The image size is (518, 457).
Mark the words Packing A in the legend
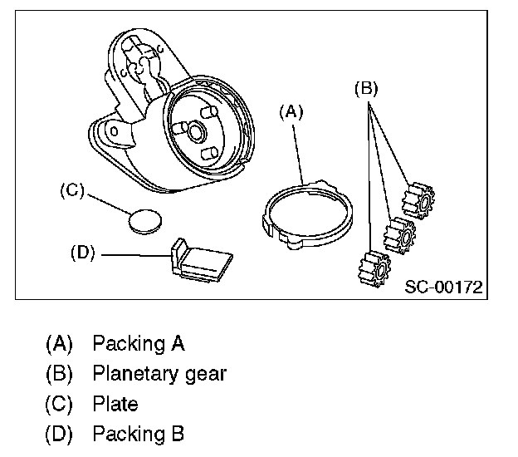[138, 343]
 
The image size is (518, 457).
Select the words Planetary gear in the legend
[159, 373]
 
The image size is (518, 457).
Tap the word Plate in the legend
[115, 404]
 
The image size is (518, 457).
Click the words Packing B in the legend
[138, 434]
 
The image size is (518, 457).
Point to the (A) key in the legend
[60, 343]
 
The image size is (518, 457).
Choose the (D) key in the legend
[60, 434]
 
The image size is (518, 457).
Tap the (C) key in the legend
[60, 404]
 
